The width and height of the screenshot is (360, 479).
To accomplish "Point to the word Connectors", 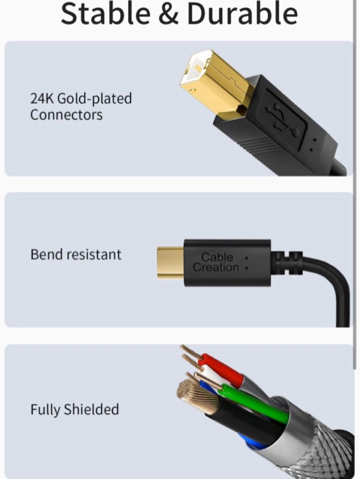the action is (x=66, y=115).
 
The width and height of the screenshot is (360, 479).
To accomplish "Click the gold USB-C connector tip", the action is (x=170, y=262).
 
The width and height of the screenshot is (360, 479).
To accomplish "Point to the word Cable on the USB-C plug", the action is (x=217, y=257).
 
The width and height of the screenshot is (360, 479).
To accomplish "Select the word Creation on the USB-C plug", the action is (x=216, y=267).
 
